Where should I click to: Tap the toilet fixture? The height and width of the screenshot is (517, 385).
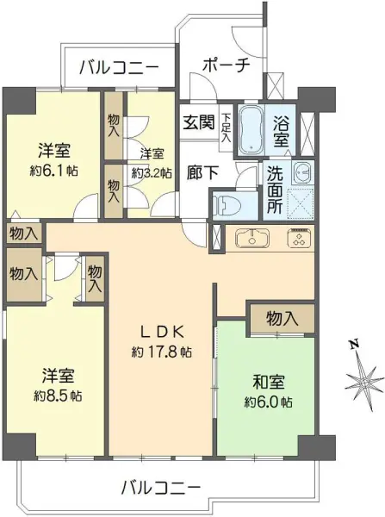point(227,207)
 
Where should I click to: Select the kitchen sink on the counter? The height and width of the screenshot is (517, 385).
point(252,238)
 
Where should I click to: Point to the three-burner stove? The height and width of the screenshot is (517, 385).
point(299,238)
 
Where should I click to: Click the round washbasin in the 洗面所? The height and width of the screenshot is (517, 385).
point(302,173)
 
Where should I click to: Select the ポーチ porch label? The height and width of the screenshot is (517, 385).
point(226,65)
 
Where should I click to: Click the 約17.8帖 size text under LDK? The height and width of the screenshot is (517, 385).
point(162,352)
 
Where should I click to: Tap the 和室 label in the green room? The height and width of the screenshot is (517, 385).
point(269,382)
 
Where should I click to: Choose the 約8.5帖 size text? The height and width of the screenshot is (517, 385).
point(58,396)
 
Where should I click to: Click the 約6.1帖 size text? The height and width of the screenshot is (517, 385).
point(54,171)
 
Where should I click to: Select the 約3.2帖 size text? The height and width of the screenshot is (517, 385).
point(152,173)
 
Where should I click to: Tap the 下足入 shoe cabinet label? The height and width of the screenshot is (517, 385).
point(227,128)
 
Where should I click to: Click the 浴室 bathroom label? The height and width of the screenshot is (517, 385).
point(281,131)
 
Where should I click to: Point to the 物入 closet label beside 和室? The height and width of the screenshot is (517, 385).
point(283,319)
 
